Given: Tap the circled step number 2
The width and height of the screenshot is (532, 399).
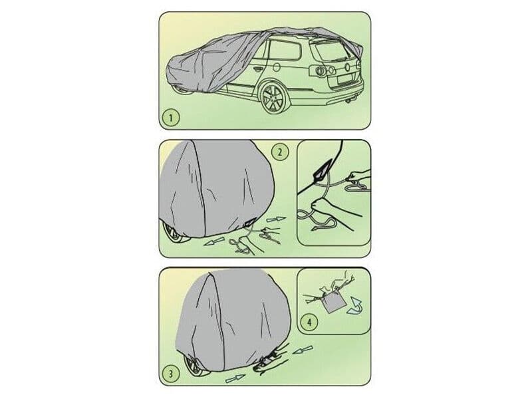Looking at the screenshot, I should point(281,152).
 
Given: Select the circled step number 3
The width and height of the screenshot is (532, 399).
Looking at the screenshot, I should point(171,373).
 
